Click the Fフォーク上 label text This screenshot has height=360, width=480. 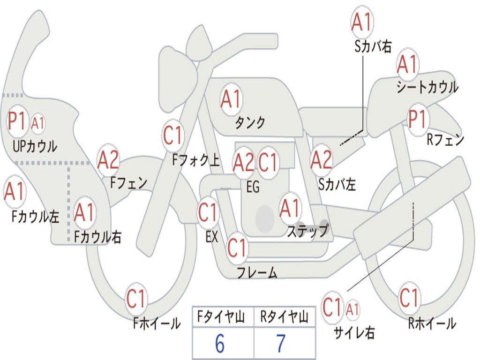click(195, 161)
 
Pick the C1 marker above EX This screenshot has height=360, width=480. click(208, 213)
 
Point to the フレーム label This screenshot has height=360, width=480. click(257, 272)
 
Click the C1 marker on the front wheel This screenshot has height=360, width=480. click(137, 299)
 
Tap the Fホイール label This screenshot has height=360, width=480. click(157, 323)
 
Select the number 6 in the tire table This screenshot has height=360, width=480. click(219, 344)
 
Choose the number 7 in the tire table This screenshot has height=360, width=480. click(281, 344)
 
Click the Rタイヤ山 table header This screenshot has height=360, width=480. click(284, 318)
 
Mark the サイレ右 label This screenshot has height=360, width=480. click(354, 332)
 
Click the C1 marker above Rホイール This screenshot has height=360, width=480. click(409, 297)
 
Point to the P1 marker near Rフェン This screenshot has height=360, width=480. click(417, 119)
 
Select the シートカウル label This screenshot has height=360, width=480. click(427, 87)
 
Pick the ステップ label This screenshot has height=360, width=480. click(307, 231)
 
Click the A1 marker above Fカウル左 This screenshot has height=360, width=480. click(15, 192)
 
